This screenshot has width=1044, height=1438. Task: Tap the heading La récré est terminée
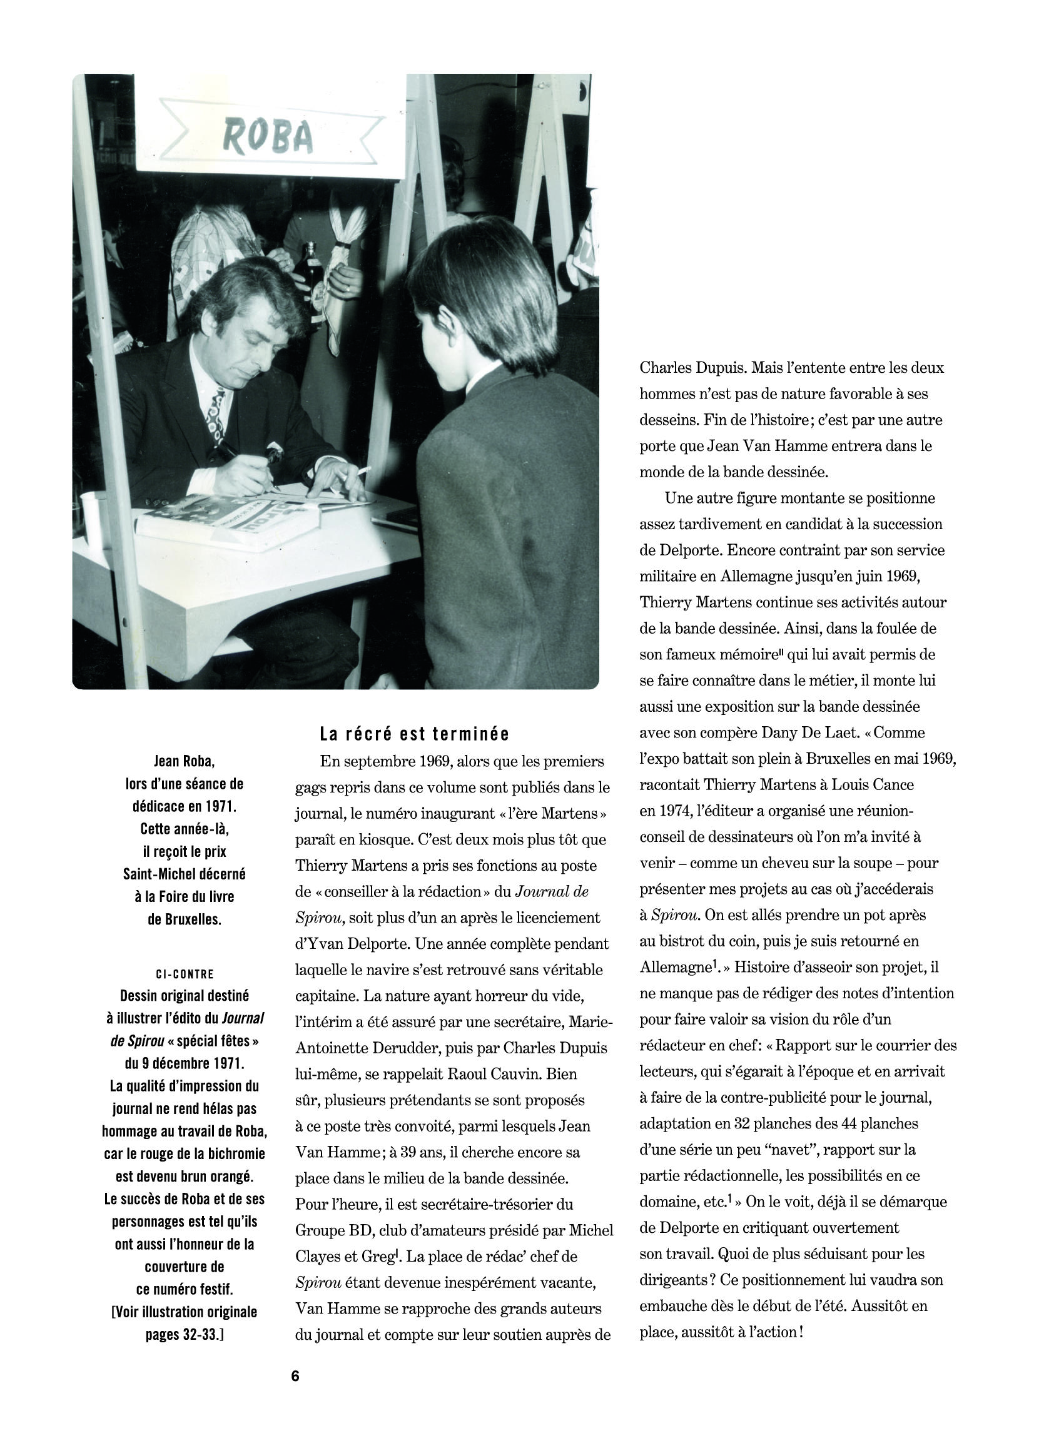point(414,734)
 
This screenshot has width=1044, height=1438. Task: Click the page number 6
point(295,1376)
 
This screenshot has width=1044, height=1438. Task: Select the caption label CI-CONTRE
point(185,974)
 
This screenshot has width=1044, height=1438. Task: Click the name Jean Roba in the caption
point(185,761)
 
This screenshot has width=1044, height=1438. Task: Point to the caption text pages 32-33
point(185,1334)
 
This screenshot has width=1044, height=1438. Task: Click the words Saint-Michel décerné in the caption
point(185,874)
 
